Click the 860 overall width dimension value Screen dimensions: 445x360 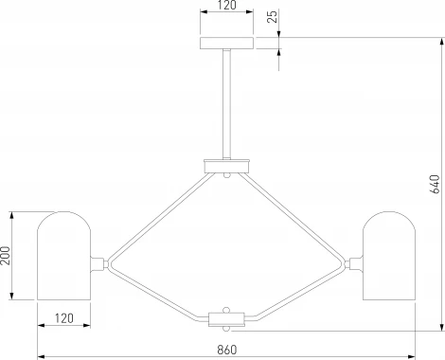tap(226, 350)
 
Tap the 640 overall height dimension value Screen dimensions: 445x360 tap(435, 184)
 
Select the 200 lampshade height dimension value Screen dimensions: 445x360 tap(6, 256)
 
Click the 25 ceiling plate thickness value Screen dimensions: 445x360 tap(272, 16)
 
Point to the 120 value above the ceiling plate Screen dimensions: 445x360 tap(227, 6)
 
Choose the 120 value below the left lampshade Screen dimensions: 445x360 tap(64, 318)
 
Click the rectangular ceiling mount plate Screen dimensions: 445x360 tap(226, 44)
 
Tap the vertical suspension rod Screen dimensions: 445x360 tap(226, 104)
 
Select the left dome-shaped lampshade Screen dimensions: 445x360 tap(64, 256)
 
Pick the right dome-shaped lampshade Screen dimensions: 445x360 tap(389, 256)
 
